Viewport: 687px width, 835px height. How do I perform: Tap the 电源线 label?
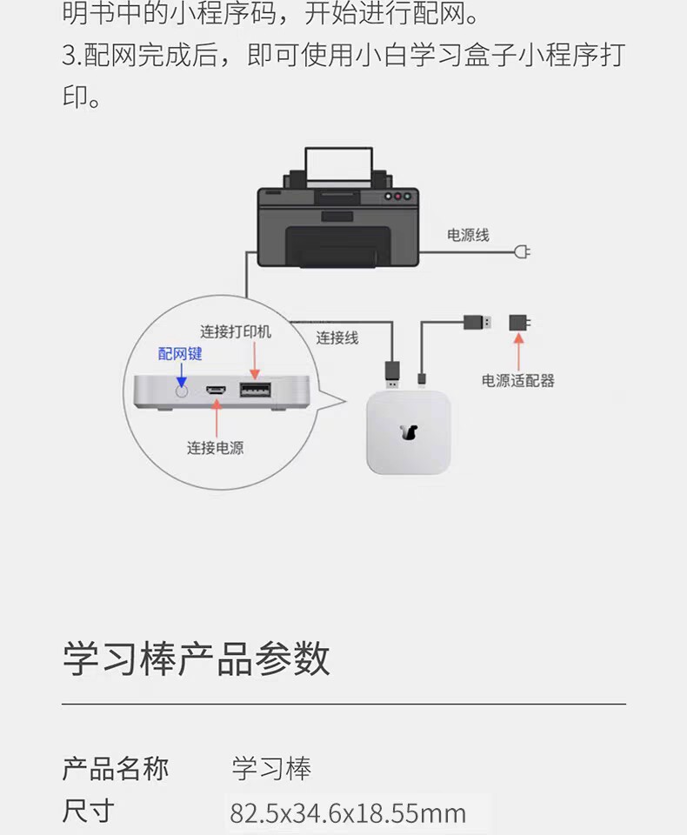[x=468, y=235]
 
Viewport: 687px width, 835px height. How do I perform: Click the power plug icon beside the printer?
[x=523, y=252]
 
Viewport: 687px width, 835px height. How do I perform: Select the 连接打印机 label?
[x=236, y=331]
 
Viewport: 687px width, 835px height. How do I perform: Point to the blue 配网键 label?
[x=180, y=353]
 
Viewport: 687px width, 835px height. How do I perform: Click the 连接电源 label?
[x=215, y=448]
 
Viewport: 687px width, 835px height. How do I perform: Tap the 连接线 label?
[x=337, y=337]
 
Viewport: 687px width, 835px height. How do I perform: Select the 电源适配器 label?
[x=518, y=380]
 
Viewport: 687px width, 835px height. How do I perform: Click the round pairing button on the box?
[x=181, y=391]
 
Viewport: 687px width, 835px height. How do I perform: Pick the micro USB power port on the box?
[x=216, y=391]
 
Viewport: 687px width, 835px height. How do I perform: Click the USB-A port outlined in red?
[x=254, y=390]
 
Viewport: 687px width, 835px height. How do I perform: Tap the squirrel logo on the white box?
[x=409, y=432]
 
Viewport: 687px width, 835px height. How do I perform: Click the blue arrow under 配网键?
[x=181, y=374]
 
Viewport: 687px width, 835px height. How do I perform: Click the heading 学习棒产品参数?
[x=197, y=658]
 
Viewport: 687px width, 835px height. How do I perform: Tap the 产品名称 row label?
[x=116, y=768]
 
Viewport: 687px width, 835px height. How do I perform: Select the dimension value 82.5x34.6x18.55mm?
[x=348, y=813]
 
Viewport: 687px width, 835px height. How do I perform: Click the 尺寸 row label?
[x=89, y=812]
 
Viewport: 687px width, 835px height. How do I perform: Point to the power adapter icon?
[x=520, y=323]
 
